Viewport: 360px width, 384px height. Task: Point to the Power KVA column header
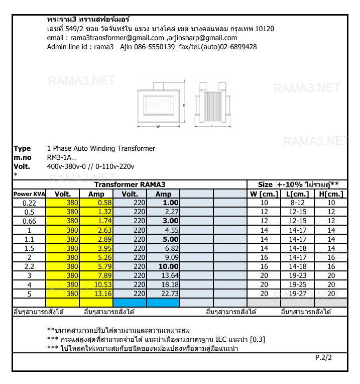pos(29,194)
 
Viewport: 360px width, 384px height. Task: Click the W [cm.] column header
pos(264,194)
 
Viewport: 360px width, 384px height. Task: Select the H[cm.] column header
pos(331,194)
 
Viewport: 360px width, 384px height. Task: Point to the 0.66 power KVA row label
pos(29,221)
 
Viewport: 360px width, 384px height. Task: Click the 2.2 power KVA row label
pos(29,266)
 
